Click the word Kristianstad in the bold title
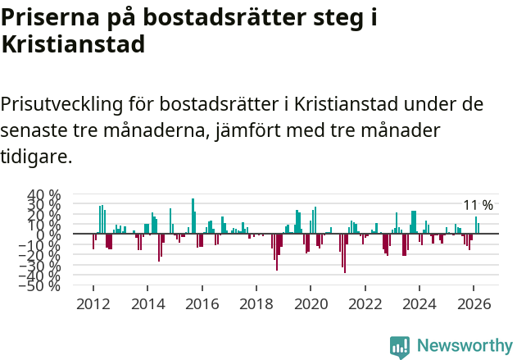tap(73, 44)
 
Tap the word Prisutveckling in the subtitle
tap(62, 105)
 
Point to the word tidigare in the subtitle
tap(37, 156)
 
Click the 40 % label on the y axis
tap(44, 195)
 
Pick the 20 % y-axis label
tap(44, 215)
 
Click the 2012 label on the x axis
tap(93, 303)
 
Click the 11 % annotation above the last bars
tap(478, 205)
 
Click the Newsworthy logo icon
tap(400, 346)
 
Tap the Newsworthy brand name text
tap(464, 346)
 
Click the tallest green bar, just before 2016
tap(193, 216)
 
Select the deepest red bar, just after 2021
tap(345, 253)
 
